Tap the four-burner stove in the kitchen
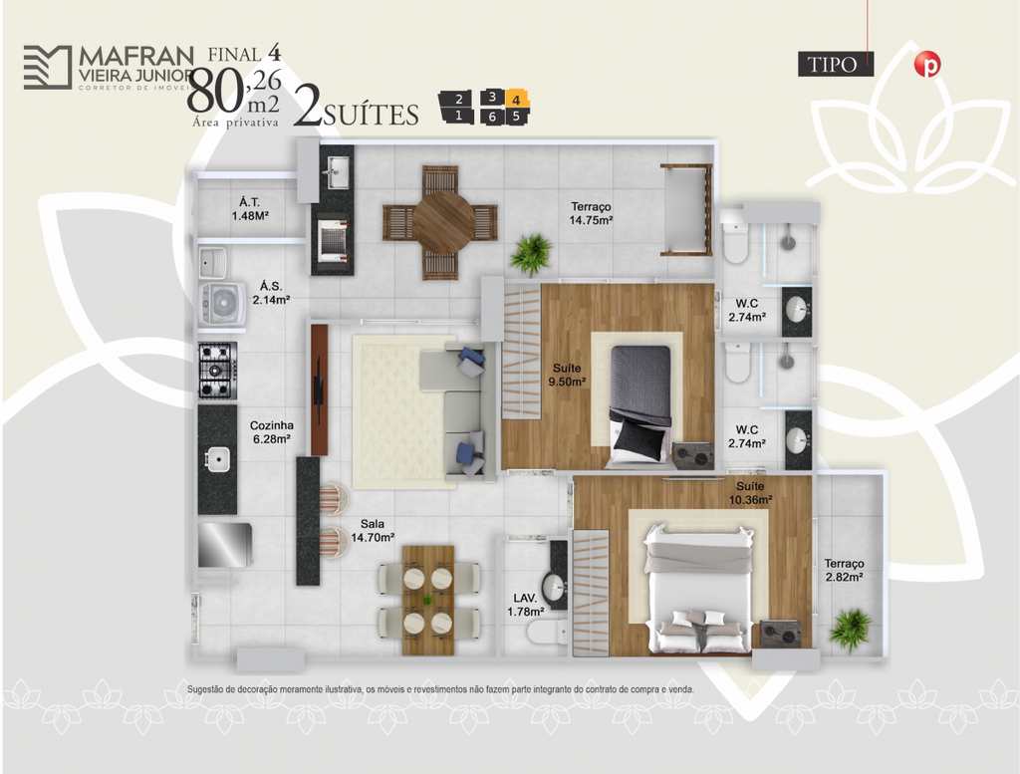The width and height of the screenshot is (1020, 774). tap(217, 371)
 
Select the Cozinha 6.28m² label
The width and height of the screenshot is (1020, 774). tap(272, 432)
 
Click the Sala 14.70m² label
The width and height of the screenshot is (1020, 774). tap(373, 531)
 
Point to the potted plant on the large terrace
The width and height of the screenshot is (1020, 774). tap(532, 254)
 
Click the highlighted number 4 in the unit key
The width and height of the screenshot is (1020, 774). tap(516, 101)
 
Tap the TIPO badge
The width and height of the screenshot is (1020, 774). tap(836, 65)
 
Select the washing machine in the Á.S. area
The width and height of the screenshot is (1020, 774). tap(222, 305)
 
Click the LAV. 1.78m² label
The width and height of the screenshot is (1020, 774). tap(526, 605)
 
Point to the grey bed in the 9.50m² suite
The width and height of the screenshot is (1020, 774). tap(640, 402)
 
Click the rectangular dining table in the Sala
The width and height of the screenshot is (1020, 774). tap(428, 599)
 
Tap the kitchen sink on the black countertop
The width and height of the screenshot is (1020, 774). tap(217, 459)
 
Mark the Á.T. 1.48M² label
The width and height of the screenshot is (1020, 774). tap(250, 209)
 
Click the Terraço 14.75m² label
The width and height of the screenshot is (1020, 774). tap(591, 213)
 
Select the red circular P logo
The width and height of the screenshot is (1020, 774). tap(927, 65)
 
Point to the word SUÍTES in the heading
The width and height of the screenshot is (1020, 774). tap(371, 116)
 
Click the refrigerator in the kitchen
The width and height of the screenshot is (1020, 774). tap(224, 545)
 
